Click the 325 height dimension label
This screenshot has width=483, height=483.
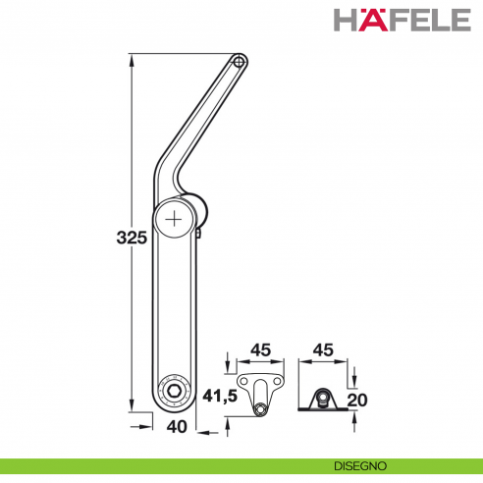[131, 237]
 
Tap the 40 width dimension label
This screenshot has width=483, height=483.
[177, 426]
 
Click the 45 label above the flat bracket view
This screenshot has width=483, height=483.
[261, 349]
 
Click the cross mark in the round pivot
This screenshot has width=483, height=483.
[175, 219]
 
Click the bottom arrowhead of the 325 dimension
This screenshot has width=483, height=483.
[130, 409]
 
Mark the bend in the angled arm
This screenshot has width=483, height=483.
[165, 172]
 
